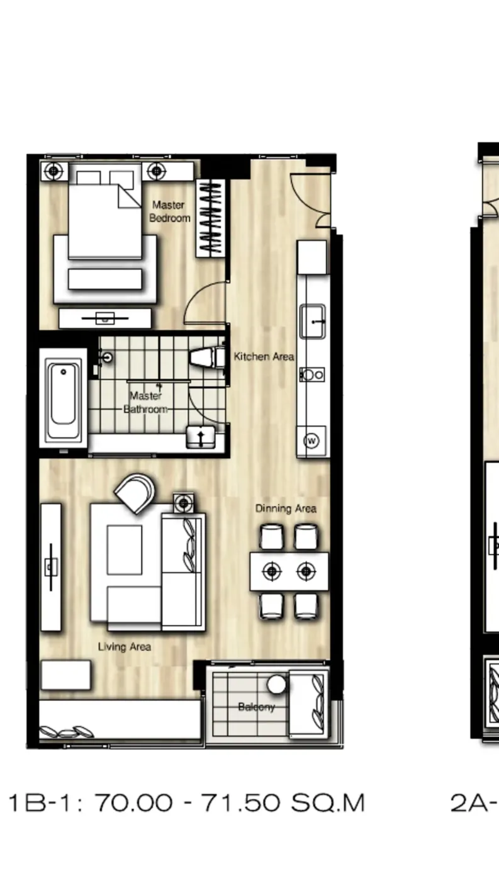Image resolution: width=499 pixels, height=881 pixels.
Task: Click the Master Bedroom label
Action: (170, 211)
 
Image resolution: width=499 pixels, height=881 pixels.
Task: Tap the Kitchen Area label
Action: (264, 356)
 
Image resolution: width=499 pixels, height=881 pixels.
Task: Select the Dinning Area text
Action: (286, 508)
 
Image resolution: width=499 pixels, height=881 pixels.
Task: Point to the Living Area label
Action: (124, 647)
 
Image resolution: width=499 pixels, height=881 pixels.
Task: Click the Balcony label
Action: (256, 707)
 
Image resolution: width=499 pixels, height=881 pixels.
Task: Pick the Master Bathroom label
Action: (145, 402)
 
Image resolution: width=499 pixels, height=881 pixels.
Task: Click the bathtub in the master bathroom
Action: (63, 397)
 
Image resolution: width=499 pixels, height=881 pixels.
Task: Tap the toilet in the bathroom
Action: (206, 357)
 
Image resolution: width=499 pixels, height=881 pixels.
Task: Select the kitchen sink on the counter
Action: (313, 321)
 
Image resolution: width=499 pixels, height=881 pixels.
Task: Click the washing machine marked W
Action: (311, 441)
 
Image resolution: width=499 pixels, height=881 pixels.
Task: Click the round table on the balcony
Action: (276, 684)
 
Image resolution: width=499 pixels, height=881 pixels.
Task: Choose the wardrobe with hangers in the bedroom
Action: (210, 218)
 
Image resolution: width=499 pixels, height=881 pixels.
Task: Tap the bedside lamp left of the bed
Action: (53, 171)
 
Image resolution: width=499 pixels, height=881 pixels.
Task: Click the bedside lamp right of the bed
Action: (157, 171)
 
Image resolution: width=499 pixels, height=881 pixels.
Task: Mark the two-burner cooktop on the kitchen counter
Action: (312, 375)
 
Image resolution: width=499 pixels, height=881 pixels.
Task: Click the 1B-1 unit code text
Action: (39, 803)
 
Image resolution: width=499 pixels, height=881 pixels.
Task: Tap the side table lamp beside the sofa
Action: (184, 503)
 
